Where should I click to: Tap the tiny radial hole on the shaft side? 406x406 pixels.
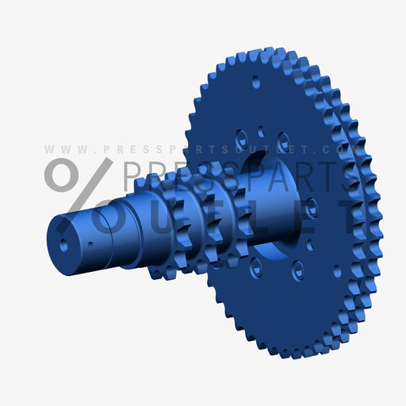90,240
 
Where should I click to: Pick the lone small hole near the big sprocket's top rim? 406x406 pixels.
255,81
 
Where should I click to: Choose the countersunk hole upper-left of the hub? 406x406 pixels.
241,138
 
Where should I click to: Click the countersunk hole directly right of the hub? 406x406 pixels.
312,208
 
